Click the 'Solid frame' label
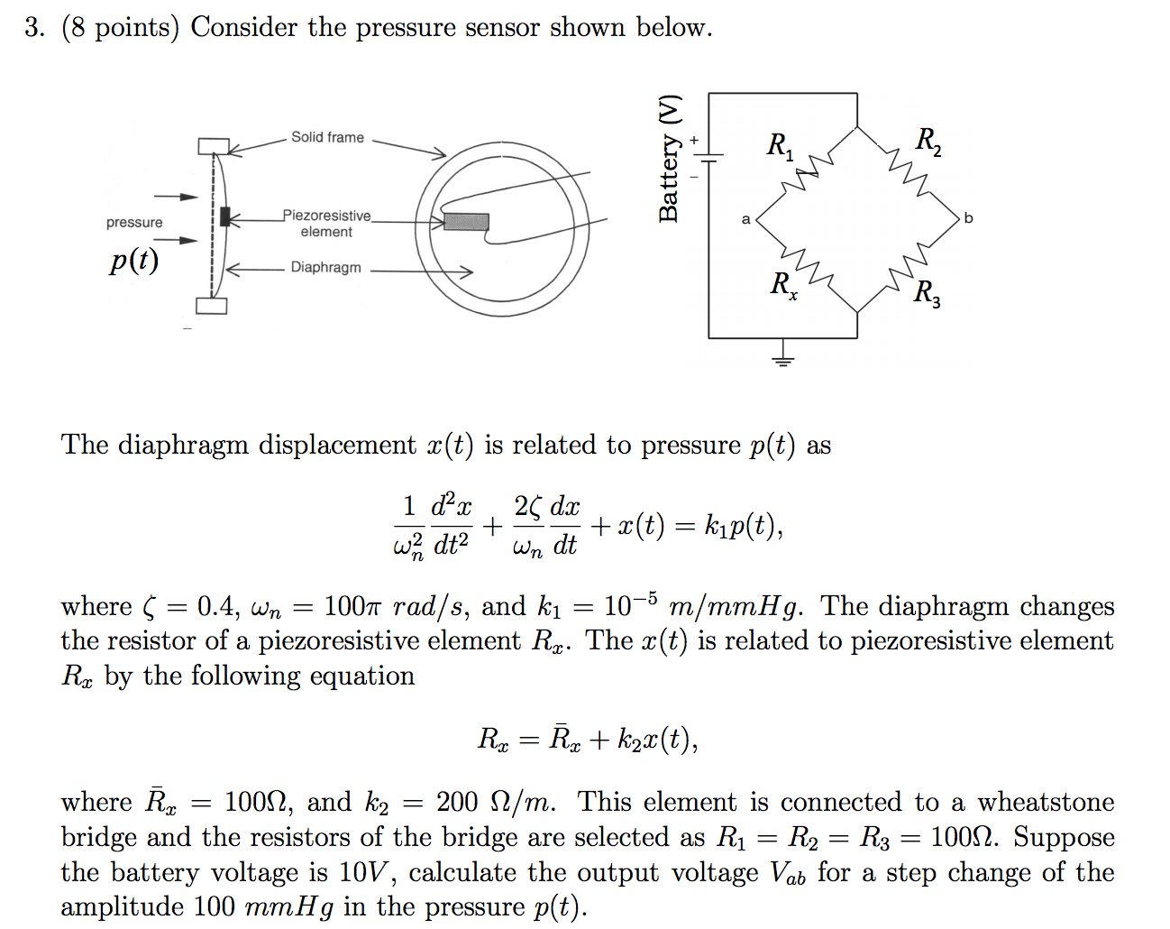(x=327, y=137)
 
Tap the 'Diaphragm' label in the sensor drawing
(x=325, y=268)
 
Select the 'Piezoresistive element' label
(x=326, y=224)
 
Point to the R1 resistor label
(x=780, y=145)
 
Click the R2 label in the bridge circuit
(x=928, y=141)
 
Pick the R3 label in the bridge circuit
(x=927, y=293)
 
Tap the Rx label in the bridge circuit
(x=783, y=285)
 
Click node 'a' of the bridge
(x=745, y=219)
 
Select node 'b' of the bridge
(x=968, y=218)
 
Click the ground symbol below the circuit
(x=782, y=358)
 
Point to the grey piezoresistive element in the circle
(x=466, y=222)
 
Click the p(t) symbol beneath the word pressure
(x=134, y=261)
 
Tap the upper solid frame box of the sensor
(x=214, y=146)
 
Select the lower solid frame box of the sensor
(x=212, y=306)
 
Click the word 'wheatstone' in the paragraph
(x=1046, y=802)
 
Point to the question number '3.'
(x=34, y=27)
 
